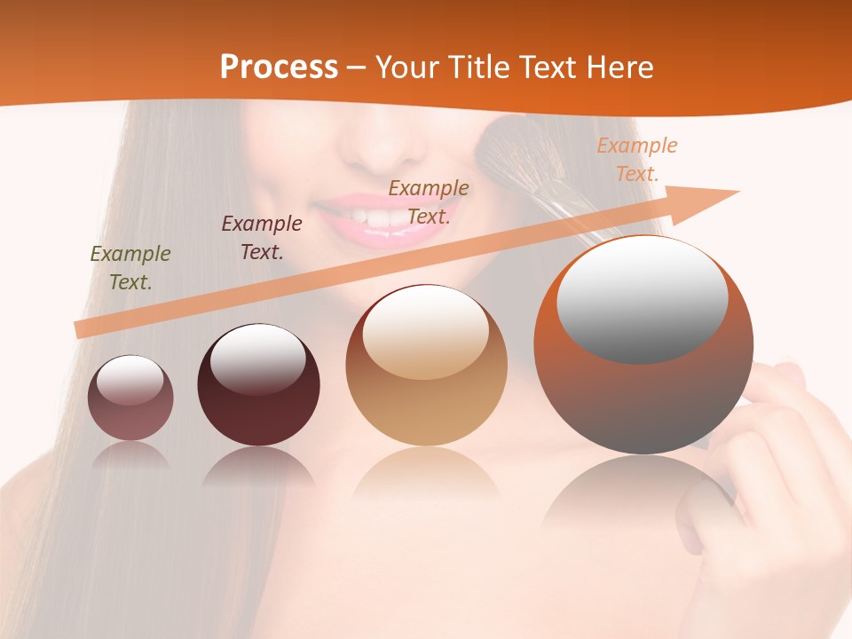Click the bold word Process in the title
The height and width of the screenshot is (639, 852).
279,67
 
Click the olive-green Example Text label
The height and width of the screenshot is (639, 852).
130,268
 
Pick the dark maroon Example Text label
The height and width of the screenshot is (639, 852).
262,238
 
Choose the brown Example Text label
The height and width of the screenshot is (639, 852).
429,201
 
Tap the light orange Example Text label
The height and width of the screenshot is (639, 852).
636,160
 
